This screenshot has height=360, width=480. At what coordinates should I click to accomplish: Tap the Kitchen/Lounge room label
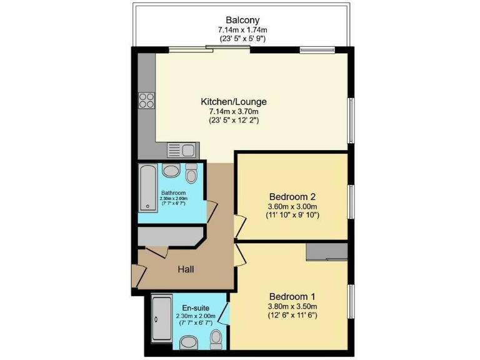pos(234,101)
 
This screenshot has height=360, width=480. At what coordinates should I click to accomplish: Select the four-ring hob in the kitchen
pos(147,100)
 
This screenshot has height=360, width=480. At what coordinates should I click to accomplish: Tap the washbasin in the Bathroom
pos(170,171)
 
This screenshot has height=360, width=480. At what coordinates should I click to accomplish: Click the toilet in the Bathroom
pos(191,172)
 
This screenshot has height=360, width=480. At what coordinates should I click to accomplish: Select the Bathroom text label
pos(172,192)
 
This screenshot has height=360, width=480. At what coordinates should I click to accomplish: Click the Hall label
pos(185,269)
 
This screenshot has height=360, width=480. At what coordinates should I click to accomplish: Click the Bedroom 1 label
pos(292,296)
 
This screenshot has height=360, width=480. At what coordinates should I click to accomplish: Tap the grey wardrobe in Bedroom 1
pos(326,251)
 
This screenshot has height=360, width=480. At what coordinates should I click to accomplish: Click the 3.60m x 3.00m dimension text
pos(292,206)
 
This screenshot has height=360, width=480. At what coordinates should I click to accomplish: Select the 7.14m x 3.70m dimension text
pos(234,111)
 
